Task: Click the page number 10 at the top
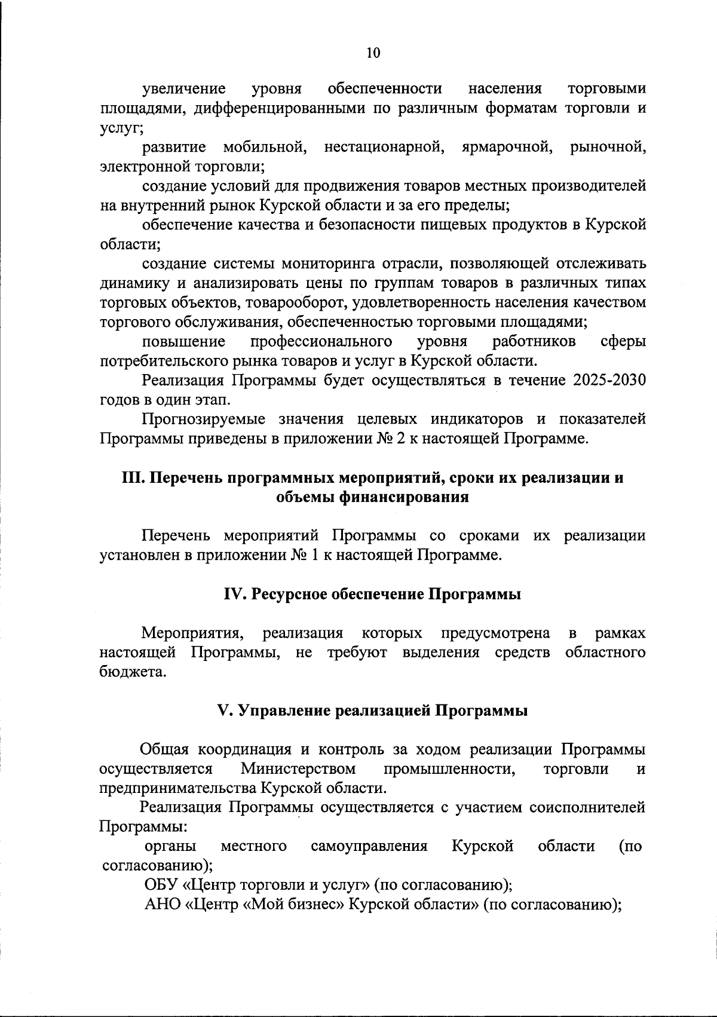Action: coord(372,53)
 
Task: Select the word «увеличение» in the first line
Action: coord(184,89)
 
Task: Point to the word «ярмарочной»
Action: coord(505,147)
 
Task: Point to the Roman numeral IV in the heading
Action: coord(232,595)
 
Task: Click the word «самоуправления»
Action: coord(369,846)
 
